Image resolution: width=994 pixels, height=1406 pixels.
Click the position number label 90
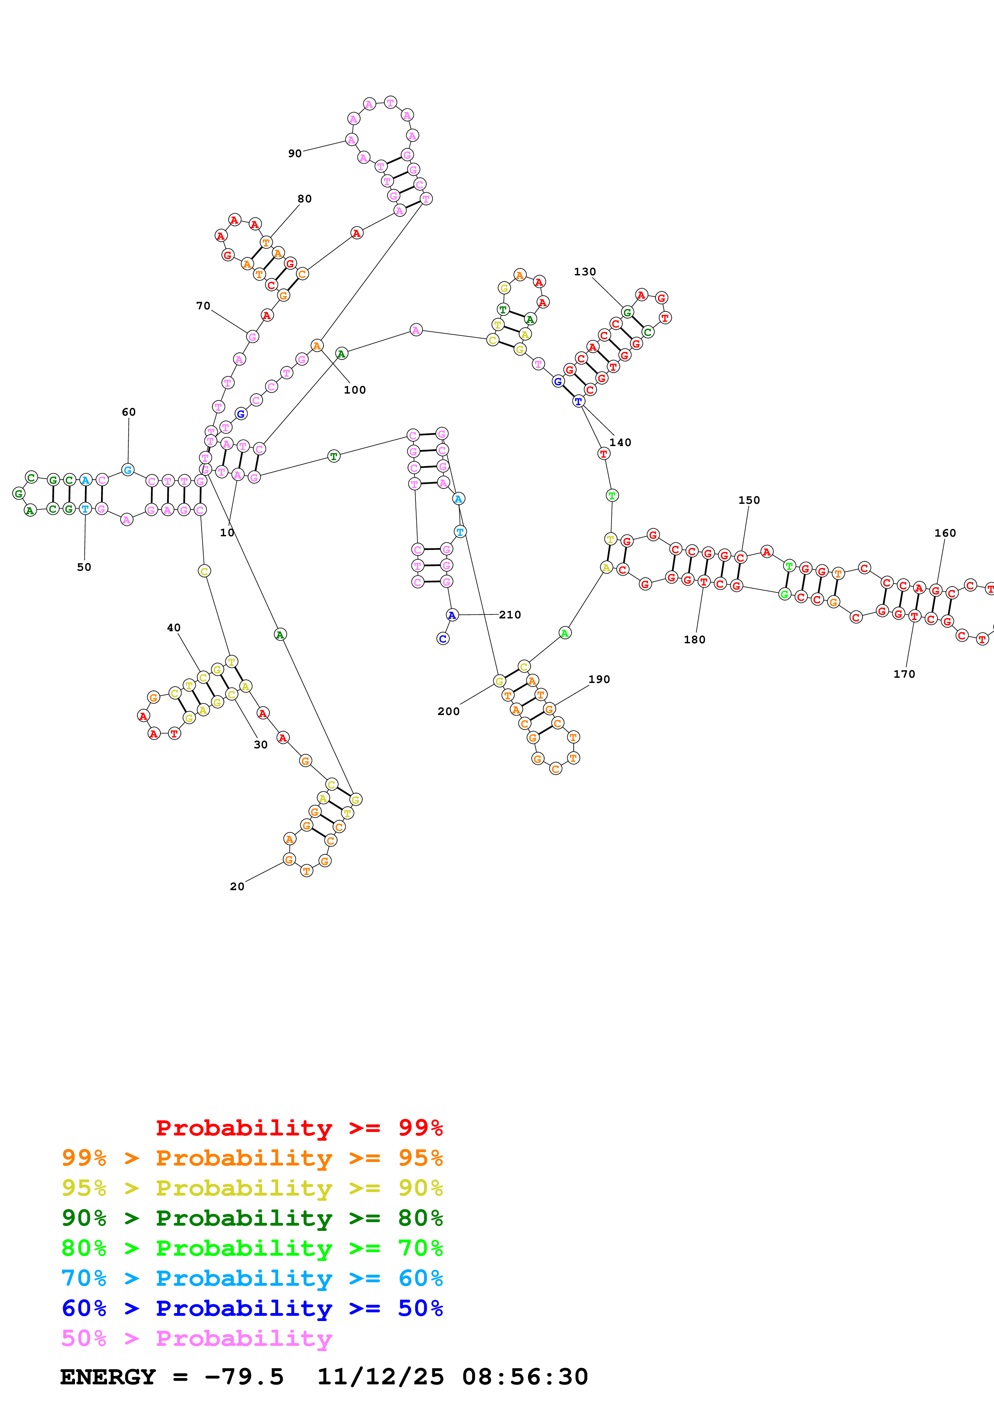[295, 153]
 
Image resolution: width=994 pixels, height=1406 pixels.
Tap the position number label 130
[584, 271]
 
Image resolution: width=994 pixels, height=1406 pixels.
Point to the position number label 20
[237, 886]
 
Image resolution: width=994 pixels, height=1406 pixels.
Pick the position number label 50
[84, 567]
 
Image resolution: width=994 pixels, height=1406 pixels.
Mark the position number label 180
[694, 639]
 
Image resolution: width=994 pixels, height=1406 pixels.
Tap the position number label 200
[448, 711]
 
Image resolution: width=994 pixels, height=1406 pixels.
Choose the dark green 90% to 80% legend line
[252, 1218]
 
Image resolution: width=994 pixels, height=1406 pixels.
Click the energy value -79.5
[244, 1377]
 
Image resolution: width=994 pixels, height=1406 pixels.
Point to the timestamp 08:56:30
[525, 1377]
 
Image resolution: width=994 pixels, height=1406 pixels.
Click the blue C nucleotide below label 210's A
[443, 639]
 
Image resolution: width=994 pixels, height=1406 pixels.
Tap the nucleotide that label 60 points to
[128, 470]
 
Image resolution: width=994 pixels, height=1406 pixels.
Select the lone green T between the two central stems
[333, 456]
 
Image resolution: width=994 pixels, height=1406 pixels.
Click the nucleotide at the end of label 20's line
[289, 859]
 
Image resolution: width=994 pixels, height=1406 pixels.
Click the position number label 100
[354, 390]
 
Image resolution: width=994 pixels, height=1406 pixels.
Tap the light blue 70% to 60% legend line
[252, 1278]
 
